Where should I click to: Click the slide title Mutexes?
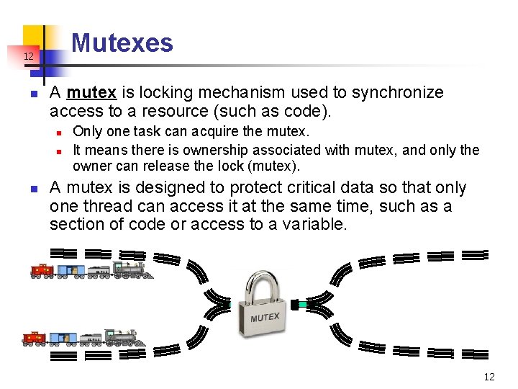(122, 43)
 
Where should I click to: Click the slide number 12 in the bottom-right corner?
(489, 377)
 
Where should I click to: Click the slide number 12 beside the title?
(28, 56)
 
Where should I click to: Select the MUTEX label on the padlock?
(265, 318)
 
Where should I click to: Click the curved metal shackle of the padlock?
(265, 285)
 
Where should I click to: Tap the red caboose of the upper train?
(42, 271)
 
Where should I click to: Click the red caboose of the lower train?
(34, 338)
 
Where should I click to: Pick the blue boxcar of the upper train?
(71, 271)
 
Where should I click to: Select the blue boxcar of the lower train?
(63, 338)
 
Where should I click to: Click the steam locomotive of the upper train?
(132, 269)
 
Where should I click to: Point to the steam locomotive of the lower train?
(123, 336)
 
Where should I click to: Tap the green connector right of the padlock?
(303, 305)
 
